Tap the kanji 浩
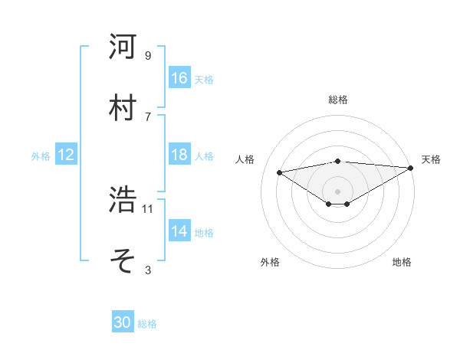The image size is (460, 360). pyautogui.click(x=123, y=200)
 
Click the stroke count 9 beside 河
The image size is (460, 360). pyautogui.click(x=147, y=55)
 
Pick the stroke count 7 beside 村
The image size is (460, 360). pyautogui.click(x=147, y=116)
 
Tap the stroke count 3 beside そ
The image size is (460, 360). pyautogui.click(x=147, y=270)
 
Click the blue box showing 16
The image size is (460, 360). pyautogui.click(x=179, y=78)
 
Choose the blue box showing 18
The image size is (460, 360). pyautogui.click(x=179, y=155)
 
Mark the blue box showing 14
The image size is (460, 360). pyautogui.click(x=179, y=231)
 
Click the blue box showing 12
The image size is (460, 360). pyautogui.click(x=65, y=155)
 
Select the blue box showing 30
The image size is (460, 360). pyautogui.click(x=123, y=323)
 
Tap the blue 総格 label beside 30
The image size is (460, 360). pyautogui.click(x=147, y=324)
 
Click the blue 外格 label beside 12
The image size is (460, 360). pyautogui.click(x=41, y=155)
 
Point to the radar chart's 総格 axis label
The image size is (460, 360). pyautogui.click(x=337, y=100)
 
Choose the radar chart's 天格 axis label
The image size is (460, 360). pyautogui.click(x=431, y=159)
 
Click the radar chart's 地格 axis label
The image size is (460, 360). pyautogui.click(x=402, y=262)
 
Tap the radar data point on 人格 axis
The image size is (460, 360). pyautogui.click(x=279, y=172)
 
